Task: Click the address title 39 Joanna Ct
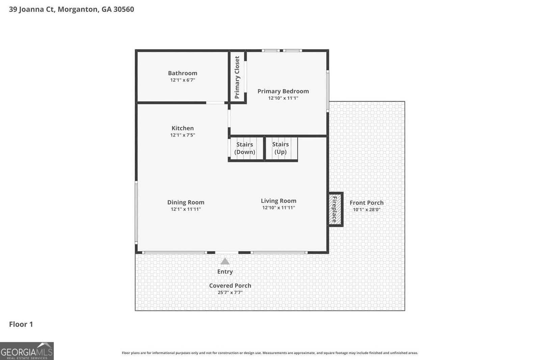point(71,9)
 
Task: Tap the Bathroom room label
point(183,73)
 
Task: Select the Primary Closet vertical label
point(237,77)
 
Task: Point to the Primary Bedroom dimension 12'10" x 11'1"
point(283,98)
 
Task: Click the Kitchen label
point(183,128)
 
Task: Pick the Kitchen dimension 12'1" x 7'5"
point(183,135)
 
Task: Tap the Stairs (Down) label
point(245,148)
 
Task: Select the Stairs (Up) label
point(280,148)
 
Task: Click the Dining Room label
point(186,202)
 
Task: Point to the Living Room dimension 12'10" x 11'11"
point(278,207)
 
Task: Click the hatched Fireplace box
point(335,210)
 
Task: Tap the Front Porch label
point(367,203)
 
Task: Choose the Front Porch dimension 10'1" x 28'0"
point(367,210)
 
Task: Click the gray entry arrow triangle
point(225,261)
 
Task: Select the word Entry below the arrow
point(225,272)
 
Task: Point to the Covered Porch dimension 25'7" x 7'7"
point(230,293)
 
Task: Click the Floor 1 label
point(21,324)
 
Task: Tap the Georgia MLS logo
point(27,351)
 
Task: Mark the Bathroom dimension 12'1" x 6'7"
point(183,80)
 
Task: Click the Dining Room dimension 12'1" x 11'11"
point(186,209)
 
